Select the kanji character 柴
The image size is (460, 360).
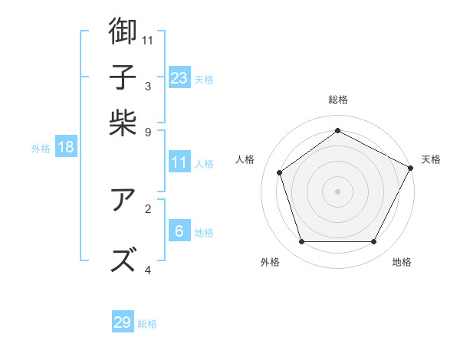pyautogui.click(x=123, y=123)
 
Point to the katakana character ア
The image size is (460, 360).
pyautogui.click(x=123, y=201)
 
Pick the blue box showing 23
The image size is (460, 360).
pyautogui.click(x=179, y=77)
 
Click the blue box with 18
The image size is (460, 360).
pyautogui.click(x=66, y=147)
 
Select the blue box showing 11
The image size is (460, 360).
pyautogui.click(x=179, y=162)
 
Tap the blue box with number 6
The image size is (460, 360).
pyautogui.click(x=179, y=231)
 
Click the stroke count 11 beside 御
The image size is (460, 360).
pyautogui.click(x=148, y=39)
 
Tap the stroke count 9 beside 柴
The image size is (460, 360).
pyautogui.click(x=148, y=132)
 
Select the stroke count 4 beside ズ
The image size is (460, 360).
pyautogui.click(x=148, y=270)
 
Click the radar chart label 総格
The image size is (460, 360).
pyautogui.click(x=338, y=100)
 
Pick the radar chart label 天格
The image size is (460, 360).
pyautogui.click(x=431, y=159)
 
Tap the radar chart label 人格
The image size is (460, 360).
pyautogui.click(x=245, y=159)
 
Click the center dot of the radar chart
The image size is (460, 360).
pyautogui.click(x=338, y=191)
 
